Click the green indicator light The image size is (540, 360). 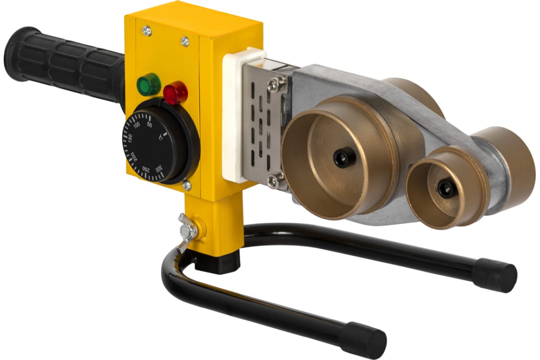click(x=149, y=85)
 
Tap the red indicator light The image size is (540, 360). click(x=175, y=93)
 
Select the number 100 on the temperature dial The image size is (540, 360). click(x=137, y=125)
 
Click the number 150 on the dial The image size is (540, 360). click(x=130, y=138)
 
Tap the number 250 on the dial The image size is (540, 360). click(x=146, y=169)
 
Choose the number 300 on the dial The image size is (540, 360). click(x=159, y=169)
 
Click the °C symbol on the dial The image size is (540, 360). click(x=161, y=138)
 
